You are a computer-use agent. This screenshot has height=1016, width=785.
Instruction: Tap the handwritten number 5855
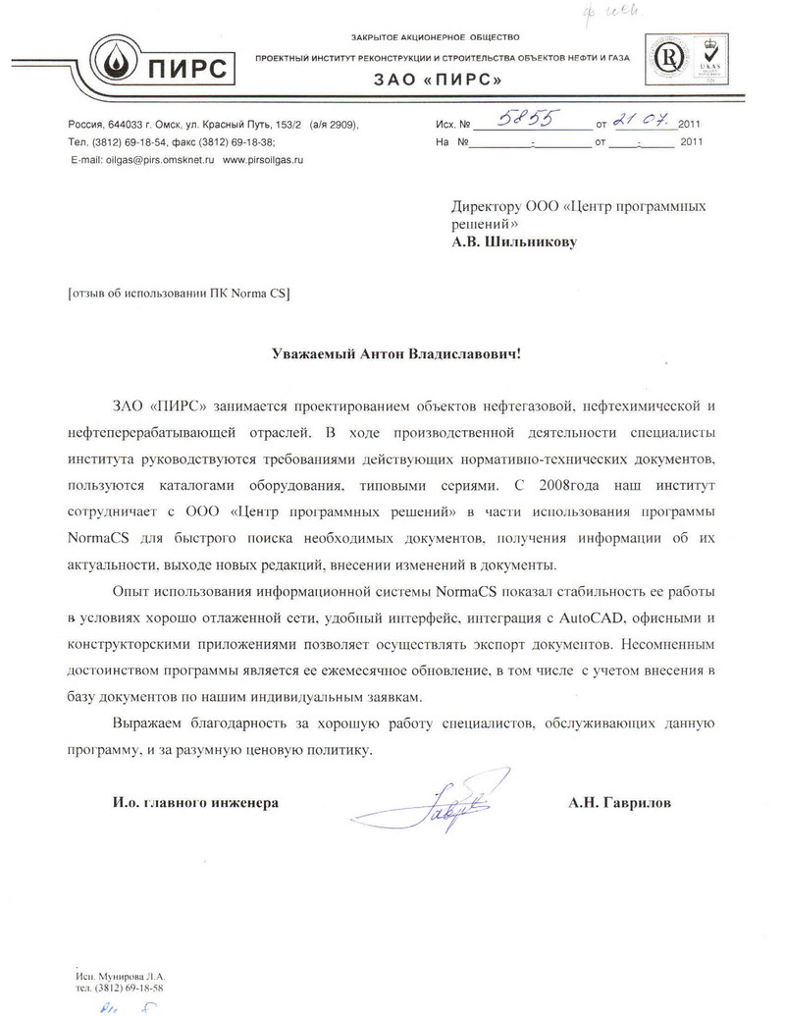[x=528, y=120]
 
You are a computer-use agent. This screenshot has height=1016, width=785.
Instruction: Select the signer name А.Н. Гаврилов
[x=620, y=802]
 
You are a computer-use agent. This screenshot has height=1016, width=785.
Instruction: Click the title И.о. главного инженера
[x=187, y=802]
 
